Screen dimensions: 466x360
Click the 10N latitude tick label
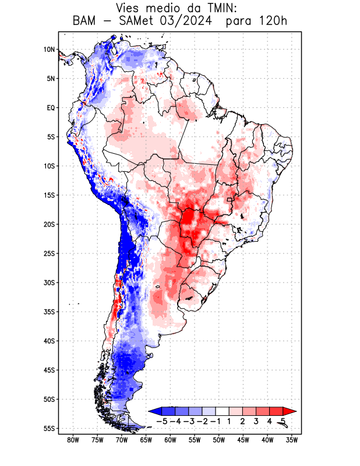click(49, 50)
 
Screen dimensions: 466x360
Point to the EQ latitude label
click(50, 108)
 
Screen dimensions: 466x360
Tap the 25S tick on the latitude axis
click(48, 253)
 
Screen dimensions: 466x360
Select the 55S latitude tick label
click(48, 428)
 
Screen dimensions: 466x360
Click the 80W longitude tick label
click(73, 440)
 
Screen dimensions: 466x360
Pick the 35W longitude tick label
click(292, 440)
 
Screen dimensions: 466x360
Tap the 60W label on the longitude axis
click(171, 440)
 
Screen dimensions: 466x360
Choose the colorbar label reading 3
click(257, 421)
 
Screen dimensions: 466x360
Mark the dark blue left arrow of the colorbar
click(154, 411)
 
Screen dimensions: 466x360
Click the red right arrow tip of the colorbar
click(292, 411)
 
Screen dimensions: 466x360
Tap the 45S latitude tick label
click(48, 370)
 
